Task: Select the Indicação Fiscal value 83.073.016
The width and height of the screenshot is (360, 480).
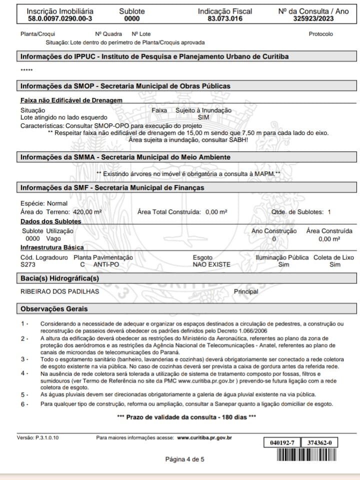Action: point(225,19)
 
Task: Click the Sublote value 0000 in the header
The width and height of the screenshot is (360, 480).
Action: point(132,19)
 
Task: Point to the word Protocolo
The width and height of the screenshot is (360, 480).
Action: point(321,34)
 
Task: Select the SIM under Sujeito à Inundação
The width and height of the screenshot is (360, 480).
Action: point(203,117)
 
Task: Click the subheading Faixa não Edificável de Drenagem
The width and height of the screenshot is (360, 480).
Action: point(71,100)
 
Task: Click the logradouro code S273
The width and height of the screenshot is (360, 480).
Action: point(28,264)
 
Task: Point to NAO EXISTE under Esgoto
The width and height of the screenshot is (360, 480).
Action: point(211,264)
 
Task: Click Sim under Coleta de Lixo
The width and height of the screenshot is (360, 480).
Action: point(335,264)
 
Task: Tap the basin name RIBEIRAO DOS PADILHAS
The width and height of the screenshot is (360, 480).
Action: point(59,291)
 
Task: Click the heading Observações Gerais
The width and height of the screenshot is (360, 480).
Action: point(54,309)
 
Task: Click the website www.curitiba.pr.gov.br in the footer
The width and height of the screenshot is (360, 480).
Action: point(204,438)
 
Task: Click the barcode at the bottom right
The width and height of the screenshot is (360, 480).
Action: point(306,455)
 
